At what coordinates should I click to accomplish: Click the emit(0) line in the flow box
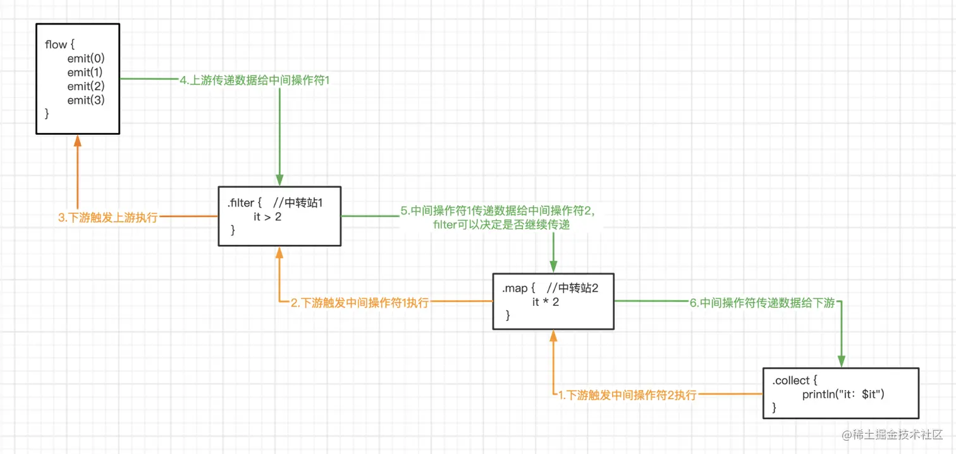coord(85,58)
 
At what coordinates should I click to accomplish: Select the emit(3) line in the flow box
coord(85,100)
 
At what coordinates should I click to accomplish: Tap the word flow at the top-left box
coord(56,44)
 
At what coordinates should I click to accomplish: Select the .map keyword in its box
coord(515,288)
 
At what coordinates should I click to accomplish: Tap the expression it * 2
coord(545,302)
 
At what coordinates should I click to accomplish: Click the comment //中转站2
coord(572,288)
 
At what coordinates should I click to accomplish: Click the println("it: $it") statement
coord(843,394)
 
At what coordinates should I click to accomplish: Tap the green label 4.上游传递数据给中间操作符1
coord(255,80)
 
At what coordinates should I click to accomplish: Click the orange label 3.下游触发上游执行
coord(107,218)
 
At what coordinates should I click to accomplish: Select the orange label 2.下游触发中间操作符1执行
coord(360,303)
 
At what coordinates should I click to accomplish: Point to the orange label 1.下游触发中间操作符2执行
coord(627,395)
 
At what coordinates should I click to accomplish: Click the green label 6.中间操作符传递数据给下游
coord(763,303)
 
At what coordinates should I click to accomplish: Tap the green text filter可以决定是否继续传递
coord(501,225)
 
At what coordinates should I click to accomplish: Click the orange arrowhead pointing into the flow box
coord(78,141)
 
